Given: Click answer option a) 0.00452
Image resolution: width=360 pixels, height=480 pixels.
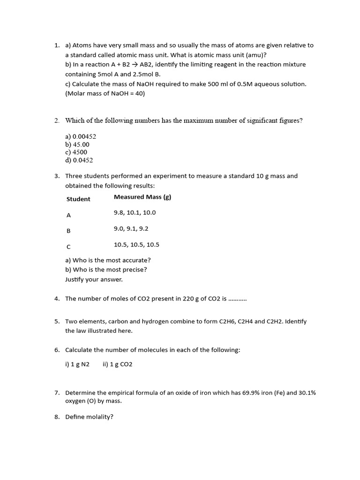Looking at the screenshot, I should [x=81, y=136].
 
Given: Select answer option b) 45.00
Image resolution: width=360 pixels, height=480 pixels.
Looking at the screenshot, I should [x=77, y=144].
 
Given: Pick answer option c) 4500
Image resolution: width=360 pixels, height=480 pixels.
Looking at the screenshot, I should [x=76, y=152].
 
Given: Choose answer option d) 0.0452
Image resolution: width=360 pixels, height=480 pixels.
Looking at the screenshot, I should [x=79, y=160].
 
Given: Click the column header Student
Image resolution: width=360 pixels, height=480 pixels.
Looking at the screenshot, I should [x=78, y=199].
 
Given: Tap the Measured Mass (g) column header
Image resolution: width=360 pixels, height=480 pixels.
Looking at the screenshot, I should [x=142, y=197].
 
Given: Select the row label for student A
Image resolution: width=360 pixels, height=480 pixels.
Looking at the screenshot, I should [x=69, y=216].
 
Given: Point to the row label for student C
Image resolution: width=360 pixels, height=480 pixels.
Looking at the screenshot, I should [x=69, y=247].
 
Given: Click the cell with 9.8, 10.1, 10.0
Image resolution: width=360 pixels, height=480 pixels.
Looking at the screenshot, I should [x=135, y=213].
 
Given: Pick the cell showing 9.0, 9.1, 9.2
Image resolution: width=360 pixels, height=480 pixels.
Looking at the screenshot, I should [x=131, y=229].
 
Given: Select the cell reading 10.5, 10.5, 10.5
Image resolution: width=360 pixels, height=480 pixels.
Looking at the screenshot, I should [x=136, y=245].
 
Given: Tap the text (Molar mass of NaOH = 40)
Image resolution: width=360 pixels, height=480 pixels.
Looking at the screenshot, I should [x=105, y=94].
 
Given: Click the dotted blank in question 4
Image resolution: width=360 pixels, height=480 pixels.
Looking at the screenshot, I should [x=237, y=299].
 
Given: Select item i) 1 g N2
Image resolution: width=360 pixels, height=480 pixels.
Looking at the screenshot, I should [x=77, y=364].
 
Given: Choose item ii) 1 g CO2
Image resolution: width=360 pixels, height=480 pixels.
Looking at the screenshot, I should [x=117, y=364].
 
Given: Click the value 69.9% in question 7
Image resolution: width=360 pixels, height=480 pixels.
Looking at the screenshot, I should [x=257, y=393].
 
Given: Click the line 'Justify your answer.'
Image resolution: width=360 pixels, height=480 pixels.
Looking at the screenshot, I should [x=94, y=279].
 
